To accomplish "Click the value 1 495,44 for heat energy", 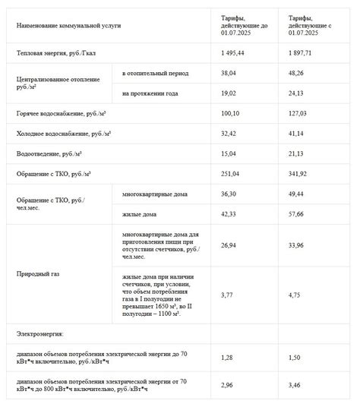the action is click(234, 53).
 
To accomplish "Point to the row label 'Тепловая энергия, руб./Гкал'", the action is click(59, 53).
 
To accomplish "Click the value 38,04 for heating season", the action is click(230, 74).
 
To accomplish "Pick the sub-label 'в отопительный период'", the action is click(155, 74).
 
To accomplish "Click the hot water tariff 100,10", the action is click(232, 114).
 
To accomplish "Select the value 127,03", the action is click(298, 114).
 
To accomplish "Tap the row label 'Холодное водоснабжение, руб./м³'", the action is click(63, 134).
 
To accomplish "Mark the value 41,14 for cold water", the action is click(297, 134).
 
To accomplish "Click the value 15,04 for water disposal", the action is click(230, 153).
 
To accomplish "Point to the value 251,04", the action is click(232, 174).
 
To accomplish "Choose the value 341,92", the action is click(298, 174).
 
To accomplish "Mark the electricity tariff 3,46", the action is click(295, 386).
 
